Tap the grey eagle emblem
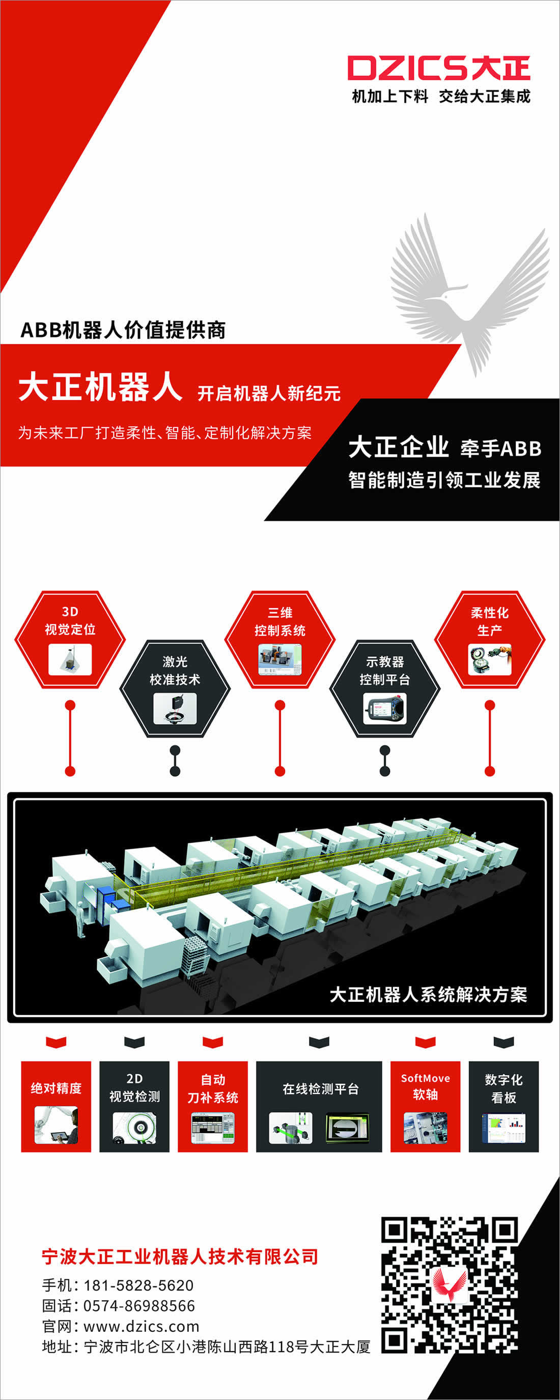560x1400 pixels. coord(469,293)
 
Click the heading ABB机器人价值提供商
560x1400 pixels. coord(123,330)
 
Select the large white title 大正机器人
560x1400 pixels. coord(100,387)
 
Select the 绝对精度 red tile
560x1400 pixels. coord(56,1106)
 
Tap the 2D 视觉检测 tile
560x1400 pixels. coord(134,1106)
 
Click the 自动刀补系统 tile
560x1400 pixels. coord(213,1106)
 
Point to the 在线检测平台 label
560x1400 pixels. coord(320,1088)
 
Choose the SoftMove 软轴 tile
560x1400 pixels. coord(425,1106)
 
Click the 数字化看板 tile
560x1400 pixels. coord(503,1106)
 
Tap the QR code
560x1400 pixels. coord(449,1285)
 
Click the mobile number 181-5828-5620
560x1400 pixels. coord(138,1285)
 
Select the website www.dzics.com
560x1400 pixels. coord(142,1327)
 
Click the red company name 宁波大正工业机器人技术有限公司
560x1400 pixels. coord(180,1256)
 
